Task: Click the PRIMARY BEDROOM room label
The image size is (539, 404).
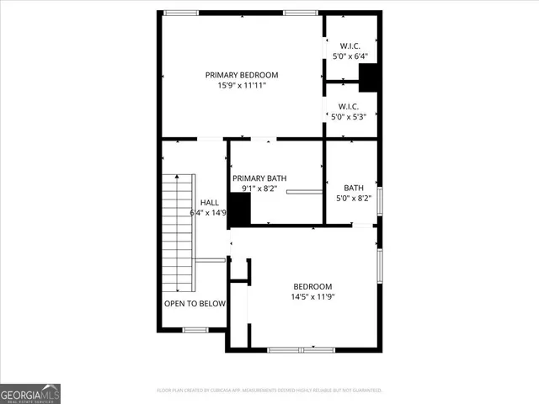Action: tap(242, 75)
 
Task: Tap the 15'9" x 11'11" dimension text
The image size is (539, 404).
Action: tap(242, 86)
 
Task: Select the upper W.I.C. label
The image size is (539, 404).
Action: tap(350, 45)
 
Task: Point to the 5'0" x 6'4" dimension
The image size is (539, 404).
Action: tap(350, 56)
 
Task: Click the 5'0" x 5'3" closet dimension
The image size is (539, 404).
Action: tap(350, 117)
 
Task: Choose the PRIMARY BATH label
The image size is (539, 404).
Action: tap(259, 178)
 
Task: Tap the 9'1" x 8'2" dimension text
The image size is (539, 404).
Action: tap(259, 189)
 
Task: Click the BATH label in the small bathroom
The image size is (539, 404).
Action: tap(354, 188)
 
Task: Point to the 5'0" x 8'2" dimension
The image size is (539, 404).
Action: tap(354, 199)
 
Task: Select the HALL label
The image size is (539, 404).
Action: tap(209, 203)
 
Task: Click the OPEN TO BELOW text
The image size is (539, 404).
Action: tap(195, 303)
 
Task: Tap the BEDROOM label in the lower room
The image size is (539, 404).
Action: tap(312, 286)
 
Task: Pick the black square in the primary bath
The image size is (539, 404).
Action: tap(240, 210)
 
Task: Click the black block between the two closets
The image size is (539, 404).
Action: tap(369, 77)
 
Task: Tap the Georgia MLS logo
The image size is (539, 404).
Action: tap(30, 393)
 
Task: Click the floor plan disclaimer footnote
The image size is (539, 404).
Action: tap(269, 391)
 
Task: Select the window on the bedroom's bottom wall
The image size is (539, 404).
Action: tap(301, 349)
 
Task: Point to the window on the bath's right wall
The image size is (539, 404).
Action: tap(380, 201)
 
